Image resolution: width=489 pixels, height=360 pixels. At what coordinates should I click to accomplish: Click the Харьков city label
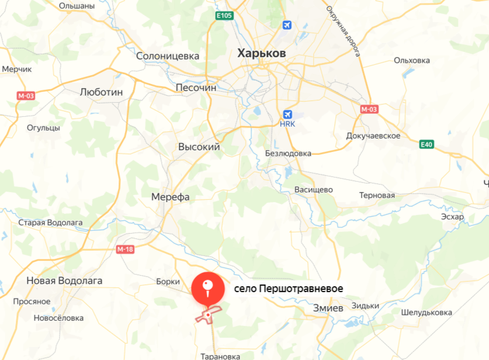point(262,53)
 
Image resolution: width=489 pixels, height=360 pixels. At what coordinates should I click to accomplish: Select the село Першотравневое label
point(289,289)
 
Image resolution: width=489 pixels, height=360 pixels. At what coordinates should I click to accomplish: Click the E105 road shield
point(224,16)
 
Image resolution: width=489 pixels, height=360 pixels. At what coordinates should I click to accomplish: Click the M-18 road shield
point(125,250)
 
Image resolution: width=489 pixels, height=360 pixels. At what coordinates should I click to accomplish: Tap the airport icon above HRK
point(287,114)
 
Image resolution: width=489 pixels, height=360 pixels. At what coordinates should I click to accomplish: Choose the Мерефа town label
point(170,197)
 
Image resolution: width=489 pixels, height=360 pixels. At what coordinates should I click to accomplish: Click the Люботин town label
point(101,92)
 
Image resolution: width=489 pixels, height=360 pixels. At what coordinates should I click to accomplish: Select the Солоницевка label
point(167,57)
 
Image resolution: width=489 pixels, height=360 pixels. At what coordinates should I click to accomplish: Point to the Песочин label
point(196,88)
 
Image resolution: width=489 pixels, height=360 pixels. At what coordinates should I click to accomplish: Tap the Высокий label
point(199,147)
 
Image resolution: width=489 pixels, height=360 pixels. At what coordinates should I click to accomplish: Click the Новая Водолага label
point(64,281)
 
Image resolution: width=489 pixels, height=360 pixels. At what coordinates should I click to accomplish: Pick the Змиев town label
point(328,308)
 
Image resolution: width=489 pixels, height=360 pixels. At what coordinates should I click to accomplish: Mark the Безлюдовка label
point(288,153)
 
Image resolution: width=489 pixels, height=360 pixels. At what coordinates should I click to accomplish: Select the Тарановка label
point(220,356)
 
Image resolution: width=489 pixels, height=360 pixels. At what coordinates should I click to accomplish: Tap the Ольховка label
point(411,60)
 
